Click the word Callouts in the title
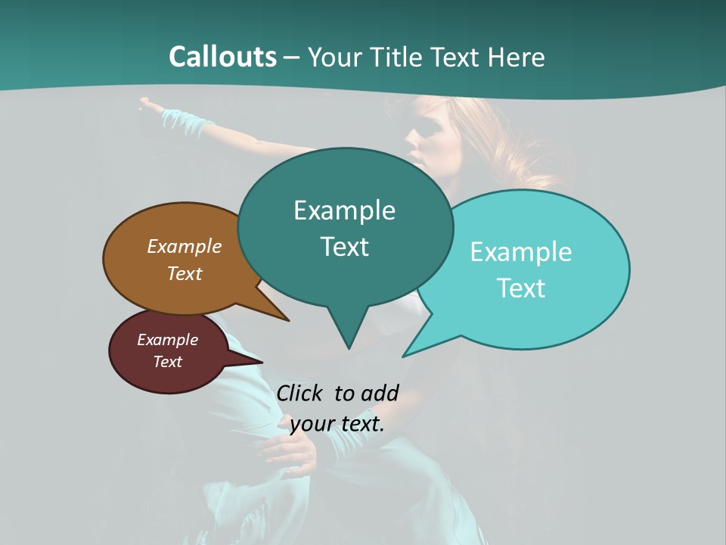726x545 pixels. (222, 57)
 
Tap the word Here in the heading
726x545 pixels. (517, 57)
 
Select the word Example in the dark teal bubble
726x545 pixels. (344, 210)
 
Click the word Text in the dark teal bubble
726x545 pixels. (344, 247)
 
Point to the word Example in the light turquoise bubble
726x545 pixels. (521, 252)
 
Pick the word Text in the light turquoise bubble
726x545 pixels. (521, 288)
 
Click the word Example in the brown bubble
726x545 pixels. (185, 247)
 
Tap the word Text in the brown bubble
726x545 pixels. (185, 274)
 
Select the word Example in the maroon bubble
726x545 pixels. (167, 340)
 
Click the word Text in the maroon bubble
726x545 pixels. (167, 362)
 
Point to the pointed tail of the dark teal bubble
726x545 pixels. (349, 344)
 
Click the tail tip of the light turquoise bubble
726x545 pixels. (406, 354)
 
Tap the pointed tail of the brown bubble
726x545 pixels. (285, 319)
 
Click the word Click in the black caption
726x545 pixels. (301, 393)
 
